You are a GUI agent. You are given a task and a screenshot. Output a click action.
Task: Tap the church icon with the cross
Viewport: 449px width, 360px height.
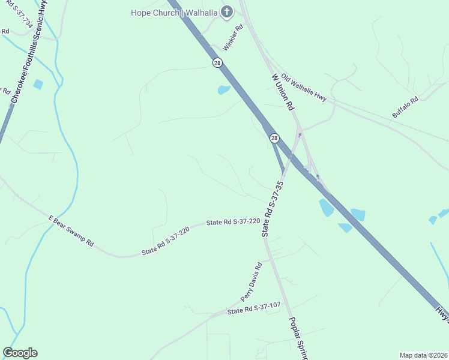click(227, 11)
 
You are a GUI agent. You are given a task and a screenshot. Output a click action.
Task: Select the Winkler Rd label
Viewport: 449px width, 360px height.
click(233, 37)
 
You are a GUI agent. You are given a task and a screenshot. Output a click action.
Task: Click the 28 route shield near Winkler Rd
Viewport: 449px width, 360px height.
click(217, 62)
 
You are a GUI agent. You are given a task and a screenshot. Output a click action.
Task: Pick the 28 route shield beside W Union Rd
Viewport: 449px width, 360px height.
click(274, 138)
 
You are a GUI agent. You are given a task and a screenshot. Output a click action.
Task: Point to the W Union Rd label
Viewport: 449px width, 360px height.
click(283, 92)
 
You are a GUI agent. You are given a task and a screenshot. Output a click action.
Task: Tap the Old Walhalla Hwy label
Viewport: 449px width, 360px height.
click(305, 88)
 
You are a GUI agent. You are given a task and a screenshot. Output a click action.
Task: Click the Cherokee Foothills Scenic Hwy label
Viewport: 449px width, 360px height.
click(25, 60)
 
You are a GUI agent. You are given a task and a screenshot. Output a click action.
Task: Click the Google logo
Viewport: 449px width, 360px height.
click(20, 353)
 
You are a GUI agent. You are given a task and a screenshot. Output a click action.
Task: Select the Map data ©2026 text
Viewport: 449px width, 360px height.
click(423, 355)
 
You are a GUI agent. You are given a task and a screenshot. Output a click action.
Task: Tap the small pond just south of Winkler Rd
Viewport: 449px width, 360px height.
click(223, 90)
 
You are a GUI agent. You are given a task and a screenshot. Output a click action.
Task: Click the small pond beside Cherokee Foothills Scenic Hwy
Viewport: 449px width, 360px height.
click(38, 84)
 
